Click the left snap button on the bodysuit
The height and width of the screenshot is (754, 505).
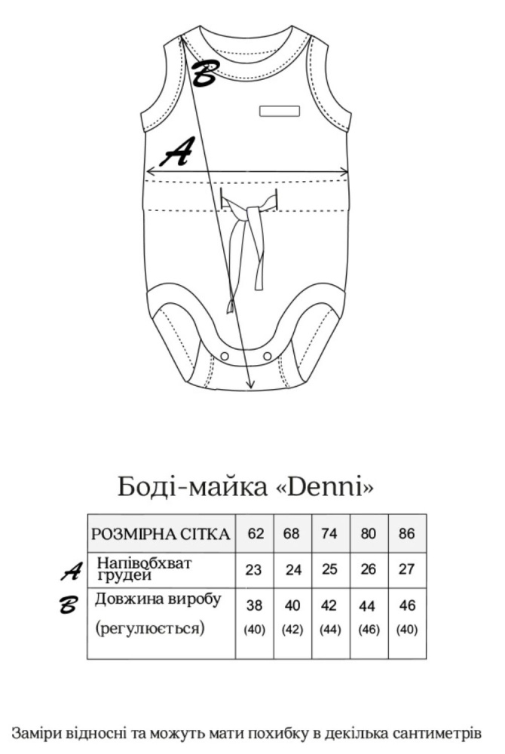coord(224,355)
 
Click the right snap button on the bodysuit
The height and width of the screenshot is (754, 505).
coord(267,355)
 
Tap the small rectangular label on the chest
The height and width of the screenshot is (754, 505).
coord(280,111)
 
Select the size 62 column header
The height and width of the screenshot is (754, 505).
coord(256,533)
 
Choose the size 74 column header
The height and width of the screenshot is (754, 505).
coord(329,533)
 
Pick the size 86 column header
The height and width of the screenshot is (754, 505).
coord(406,533)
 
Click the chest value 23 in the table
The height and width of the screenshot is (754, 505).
coord(253,570)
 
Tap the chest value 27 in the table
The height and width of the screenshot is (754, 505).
coord(406,569)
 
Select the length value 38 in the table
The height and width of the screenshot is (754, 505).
coord(254,605)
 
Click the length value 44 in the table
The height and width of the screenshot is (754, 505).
coord(367,606)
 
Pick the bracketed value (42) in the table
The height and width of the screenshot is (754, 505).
coord(292,630)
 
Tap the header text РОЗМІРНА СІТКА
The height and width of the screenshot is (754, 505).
coord(161,534)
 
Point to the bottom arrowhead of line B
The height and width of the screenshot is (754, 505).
coord(249,385)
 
